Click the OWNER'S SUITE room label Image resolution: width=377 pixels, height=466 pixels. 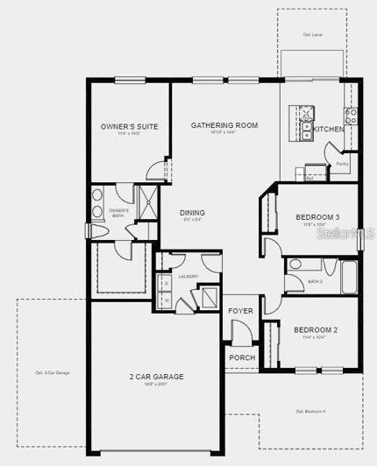[129, 127]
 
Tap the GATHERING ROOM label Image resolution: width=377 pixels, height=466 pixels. [224, 126]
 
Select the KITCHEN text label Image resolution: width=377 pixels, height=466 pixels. [330, 130]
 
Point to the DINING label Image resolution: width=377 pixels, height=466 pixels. [192, 213]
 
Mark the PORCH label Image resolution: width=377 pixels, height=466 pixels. [241, 357]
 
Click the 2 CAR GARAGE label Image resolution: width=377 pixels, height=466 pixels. [156, 377]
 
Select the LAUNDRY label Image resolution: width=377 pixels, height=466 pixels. [188, 276]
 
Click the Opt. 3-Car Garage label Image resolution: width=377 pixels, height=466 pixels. [52, 373]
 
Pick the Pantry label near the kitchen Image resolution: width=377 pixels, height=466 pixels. [342, 164]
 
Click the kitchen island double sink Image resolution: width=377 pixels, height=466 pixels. [307, 131]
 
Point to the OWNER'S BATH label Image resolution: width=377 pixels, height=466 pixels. [118, 212]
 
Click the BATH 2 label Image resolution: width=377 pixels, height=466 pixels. [316, 281]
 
